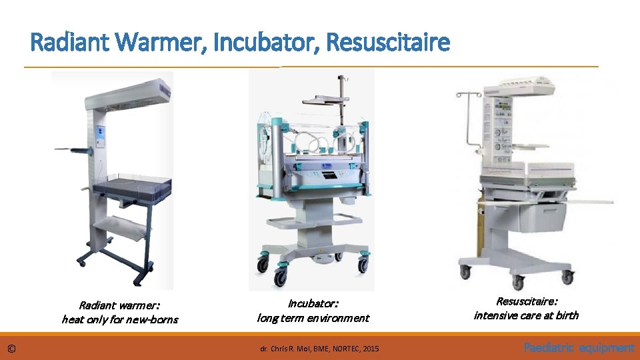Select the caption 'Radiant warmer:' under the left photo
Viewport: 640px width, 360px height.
pos(120,305)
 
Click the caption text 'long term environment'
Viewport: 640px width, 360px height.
pos(313,318)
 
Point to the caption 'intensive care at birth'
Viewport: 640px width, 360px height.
pos(526,315)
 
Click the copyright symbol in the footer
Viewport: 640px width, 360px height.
pos(11,348)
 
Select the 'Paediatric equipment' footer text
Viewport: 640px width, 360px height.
pos(579,347)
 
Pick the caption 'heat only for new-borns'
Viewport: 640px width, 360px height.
pos(120,319)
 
